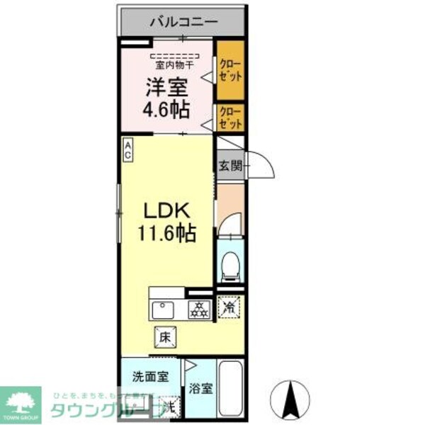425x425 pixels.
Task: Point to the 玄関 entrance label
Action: (229, 167)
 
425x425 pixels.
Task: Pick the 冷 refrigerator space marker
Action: (229, 307)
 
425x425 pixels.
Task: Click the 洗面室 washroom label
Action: (149, 377)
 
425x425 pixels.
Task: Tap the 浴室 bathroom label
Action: (200, 388)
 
